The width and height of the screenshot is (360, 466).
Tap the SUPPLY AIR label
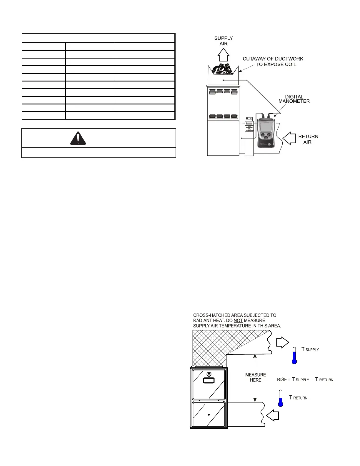tap(224, 41)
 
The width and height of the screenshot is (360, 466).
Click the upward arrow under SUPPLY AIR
tap(224, 54)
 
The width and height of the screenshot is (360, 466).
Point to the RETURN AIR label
tap(308, 139)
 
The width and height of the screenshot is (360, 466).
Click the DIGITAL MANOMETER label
tap(294, 99)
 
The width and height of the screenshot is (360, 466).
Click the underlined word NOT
tap(238, 320)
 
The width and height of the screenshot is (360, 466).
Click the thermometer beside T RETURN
tap(281, 398)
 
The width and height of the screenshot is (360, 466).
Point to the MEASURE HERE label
tap(256, 377)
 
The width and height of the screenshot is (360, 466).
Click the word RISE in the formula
tap(282, 380)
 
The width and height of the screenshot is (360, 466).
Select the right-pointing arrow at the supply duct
tap(282, 343)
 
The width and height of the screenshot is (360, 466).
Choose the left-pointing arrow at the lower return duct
tap(273, 415)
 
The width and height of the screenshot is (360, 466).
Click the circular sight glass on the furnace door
tap(209, 374)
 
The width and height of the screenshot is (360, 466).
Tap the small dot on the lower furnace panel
tap(209, 415)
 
